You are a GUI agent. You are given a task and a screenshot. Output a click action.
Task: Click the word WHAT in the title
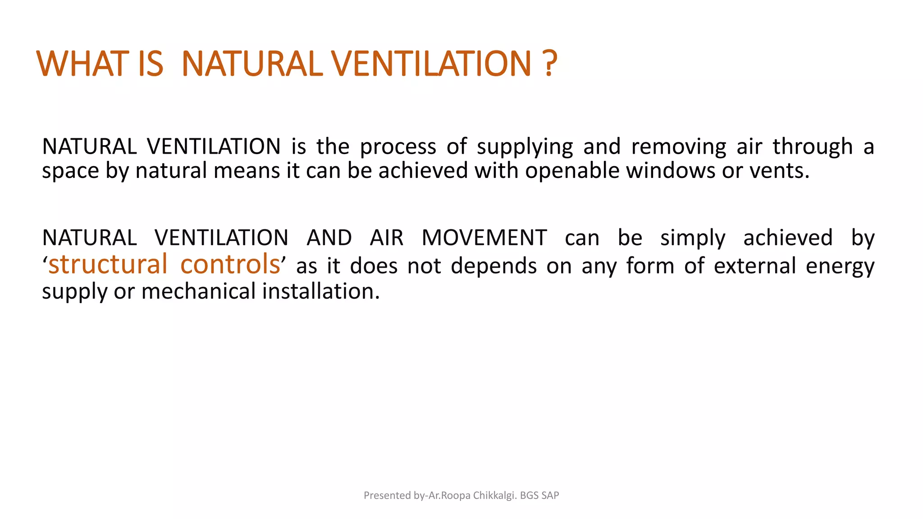tap(82, 64)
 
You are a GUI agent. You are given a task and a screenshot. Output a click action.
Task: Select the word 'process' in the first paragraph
tap(398, 147)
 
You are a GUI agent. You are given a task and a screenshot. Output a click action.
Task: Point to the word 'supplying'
tap(525, 147)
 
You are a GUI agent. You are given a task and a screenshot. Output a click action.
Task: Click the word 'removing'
tap(679, 147)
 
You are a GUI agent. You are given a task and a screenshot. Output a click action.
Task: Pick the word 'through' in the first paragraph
tap(813, 147)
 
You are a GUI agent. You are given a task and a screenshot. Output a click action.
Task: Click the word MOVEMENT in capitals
tap(484, 238)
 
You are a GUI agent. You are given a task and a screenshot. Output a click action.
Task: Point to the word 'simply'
tap(693, 238)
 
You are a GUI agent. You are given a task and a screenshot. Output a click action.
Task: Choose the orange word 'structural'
tap(108, 264)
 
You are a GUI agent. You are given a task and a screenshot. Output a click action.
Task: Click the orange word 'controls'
tap(230, 264)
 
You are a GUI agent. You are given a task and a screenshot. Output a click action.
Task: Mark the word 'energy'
tap(840, 266)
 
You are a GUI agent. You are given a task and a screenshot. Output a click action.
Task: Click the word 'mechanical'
tap(198, 291)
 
